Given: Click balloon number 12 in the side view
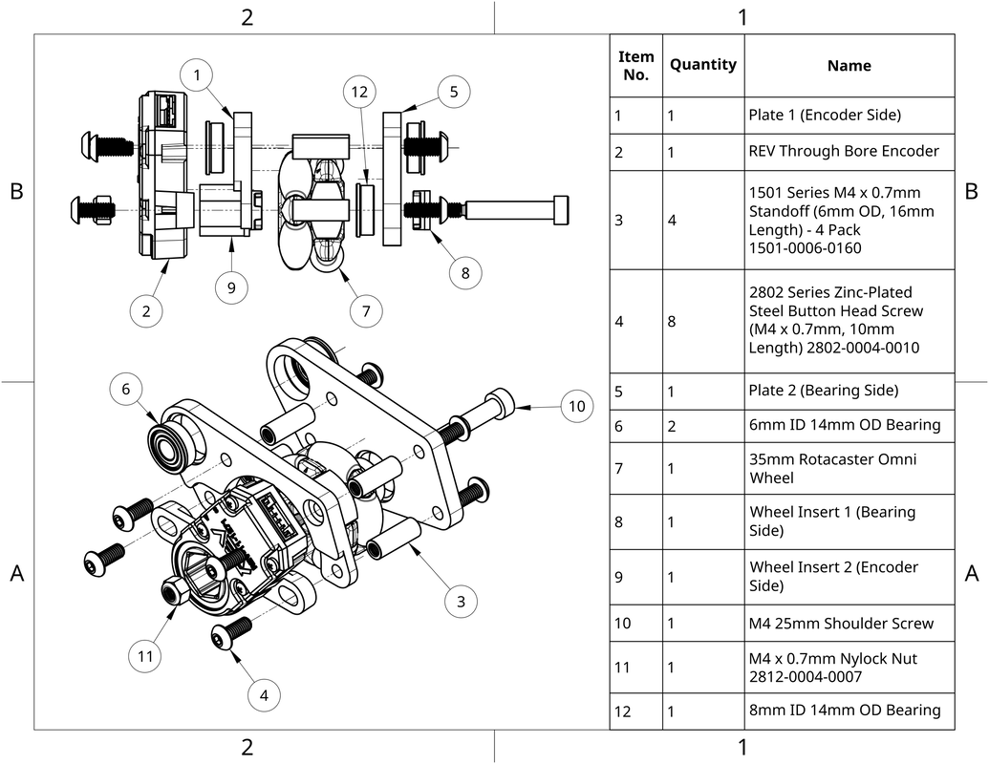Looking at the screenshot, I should (359, 93).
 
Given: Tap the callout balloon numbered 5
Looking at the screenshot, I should (453, 92).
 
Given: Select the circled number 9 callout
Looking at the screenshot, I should (231, 286).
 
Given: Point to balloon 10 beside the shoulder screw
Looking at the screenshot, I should (576, 406).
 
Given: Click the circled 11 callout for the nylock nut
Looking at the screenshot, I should (145, 656).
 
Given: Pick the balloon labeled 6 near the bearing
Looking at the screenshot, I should (125, 389).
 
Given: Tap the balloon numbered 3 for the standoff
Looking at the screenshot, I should (461, 601).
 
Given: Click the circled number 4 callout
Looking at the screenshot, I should (265, 696).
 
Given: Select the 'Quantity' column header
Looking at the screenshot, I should (702, 65).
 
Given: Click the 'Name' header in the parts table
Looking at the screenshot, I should (849, 66).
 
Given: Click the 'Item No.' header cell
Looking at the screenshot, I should (635, 65).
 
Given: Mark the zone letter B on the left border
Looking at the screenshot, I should (16, 191).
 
